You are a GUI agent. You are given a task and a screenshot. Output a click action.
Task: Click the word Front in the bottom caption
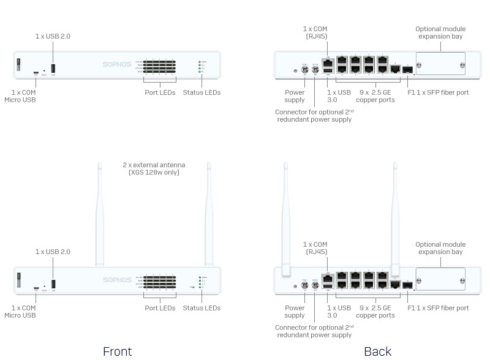pyautogui.click(x=117, y=351)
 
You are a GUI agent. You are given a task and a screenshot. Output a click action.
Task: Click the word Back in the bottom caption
pyautogui.click(x=377, y=351)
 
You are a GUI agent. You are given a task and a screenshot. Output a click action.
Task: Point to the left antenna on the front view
pyautogui.click(x=99, y=214)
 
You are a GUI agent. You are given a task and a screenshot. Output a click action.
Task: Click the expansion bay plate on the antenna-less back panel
pyautogui.click(x=440, y=64)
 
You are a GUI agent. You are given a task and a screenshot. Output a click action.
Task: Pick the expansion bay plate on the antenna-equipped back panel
pyautogui.click(x=440, y=279)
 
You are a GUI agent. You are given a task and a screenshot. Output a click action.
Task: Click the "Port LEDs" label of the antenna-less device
pyautogui.click(x=160, y=92)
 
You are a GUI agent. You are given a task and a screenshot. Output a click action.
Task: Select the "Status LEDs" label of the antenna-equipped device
pyautogui.click(x=202, y=308)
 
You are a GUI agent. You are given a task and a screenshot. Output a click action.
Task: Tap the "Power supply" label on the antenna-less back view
pyautogui.click(x=295, y=96)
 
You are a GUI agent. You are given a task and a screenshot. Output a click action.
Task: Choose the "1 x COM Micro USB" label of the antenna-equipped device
pyautogui.click(x=20, y=312)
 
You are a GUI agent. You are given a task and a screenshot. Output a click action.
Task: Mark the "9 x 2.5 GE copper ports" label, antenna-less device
pyautogui.click(x=375, y=96)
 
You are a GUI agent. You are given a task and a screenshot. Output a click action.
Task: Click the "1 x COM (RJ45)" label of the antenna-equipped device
pyautogui.click(x=315, y=248)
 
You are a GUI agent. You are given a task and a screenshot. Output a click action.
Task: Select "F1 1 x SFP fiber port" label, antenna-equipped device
pyautogui.click(x=438, y=308)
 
